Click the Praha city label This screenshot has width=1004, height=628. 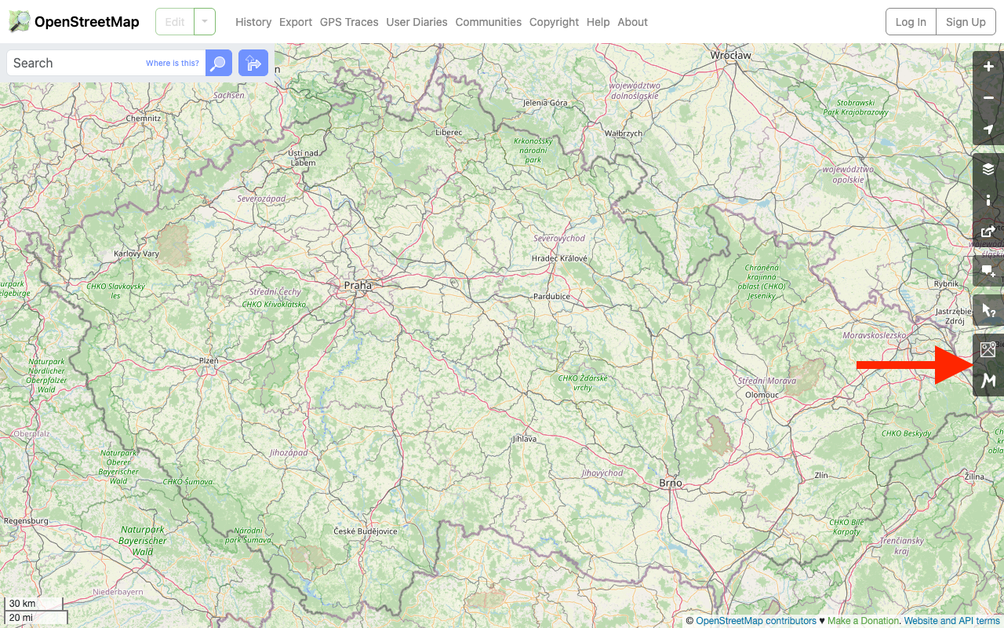[358, 286]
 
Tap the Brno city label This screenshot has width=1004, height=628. [671, 484]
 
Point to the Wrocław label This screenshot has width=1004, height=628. [730, 55]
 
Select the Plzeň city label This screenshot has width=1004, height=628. [209, 360]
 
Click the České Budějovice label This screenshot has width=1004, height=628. [366, 531]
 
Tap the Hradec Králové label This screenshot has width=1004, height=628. [559, 258]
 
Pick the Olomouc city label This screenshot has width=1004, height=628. [762, 395]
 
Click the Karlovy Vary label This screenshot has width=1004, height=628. [136, 254]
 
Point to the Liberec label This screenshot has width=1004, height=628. [449, 133]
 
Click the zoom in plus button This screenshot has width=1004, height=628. [988, 68]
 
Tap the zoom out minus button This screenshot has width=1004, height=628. [988, 98]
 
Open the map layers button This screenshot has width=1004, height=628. [988, 170]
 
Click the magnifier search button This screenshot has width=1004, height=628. [219, 63]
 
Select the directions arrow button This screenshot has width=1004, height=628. [253, 63]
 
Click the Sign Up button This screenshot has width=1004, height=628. [966, 22]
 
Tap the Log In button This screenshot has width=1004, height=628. [911, 22]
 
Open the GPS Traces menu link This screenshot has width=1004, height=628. [349, 22]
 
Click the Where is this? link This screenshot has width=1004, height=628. [173, 63]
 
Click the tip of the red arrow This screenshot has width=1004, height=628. [973, 365]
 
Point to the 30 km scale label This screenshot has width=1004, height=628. [23, 604]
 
